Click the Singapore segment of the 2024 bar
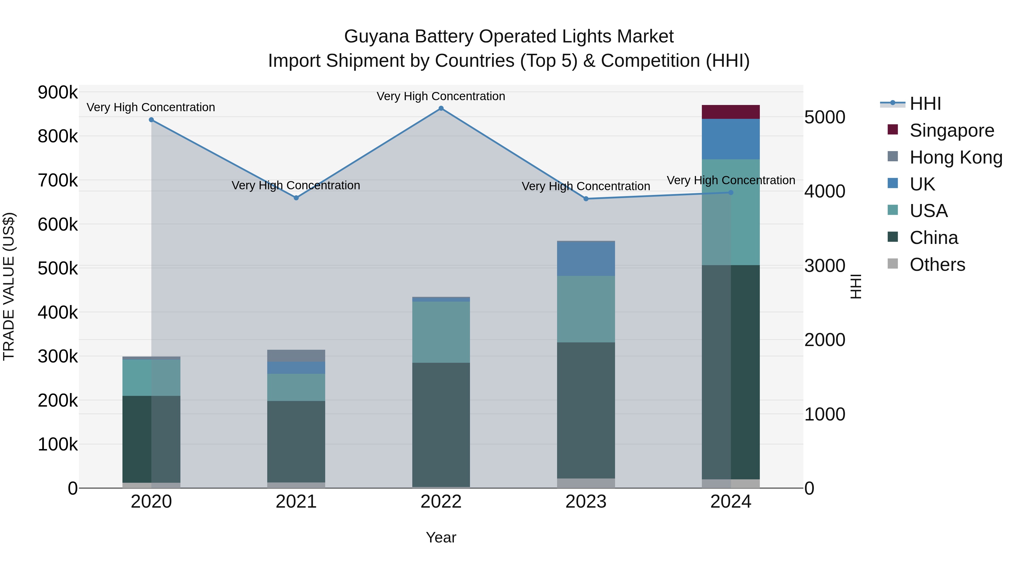[731, 112]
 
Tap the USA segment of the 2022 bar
[441, 332]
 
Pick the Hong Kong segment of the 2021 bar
[296, 355]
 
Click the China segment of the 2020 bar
[151, 439]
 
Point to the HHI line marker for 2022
[441, 108]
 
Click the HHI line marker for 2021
[296, 198]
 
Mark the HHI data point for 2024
[731, 193]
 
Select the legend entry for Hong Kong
[956, 157]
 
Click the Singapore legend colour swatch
[892, 130]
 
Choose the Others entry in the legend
[937, 265]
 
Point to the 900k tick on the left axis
[58, 93]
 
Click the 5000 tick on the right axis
[825, 117]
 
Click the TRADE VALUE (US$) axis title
[9, 286]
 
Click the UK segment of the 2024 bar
[731, 139]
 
